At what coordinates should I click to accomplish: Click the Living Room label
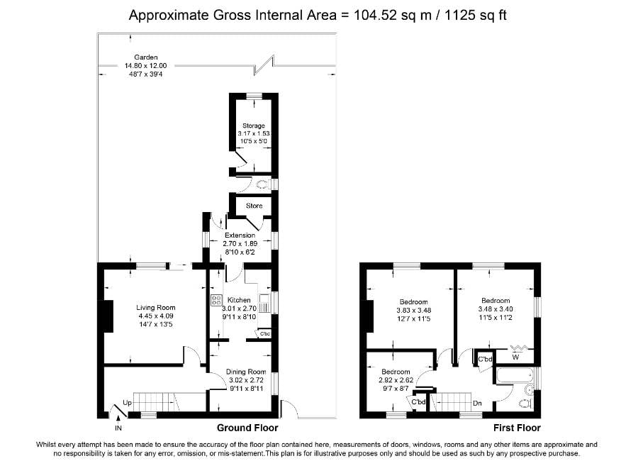155,308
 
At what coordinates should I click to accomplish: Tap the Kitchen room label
238,300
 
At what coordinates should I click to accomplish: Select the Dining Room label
245,372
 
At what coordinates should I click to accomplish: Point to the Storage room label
253,126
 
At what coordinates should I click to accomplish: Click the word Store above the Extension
254,206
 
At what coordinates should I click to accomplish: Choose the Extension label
240,235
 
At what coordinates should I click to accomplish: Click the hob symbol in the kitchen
216,300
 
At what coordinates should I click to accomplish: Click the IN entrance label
118,428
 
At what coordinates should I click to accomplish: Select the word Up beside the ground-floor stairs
128,403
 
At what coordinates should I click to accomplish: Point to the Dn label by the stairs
478,403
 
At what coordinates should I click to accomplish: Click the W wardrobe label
515,357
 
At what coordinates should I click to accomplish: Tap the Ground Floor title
247,428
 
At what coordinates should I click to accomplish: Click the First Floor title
517,428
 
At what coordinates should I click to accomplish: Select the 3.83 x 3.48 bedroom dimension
413,310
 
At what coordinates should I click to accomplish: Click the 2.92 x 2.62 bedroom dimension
396,380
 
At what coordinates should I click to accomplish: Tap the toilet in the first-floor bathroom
525,403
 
